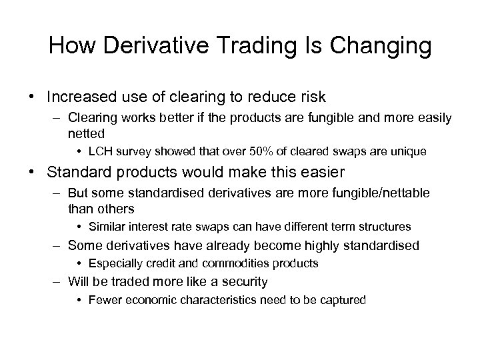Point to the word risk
pyautogui.click(x=311, y=97)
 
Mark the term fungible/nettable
pyautogui.click(x=378, y=193)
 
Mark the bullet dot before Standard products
pyautogui.click(x=33, y=173)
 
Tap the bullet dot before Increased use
pyautogui.click(x=33, y=97)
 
